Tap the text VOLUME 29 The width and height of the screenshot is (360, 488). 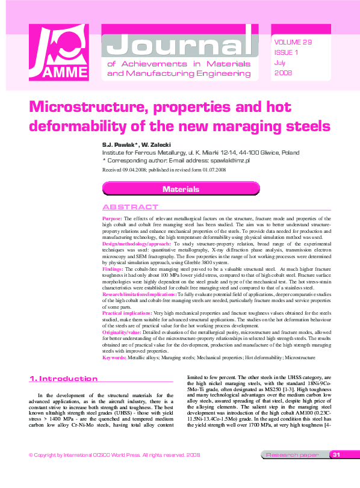tap(293, 42)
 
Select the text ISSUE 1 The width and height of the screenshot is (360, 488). tap(286, 52)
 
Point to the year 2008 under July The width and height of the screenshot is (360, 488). tap(283, 73)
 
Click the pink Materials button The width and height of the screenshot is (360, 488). tap(181, 189)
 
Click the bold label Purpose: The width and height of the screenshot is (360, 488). tap(113, 218)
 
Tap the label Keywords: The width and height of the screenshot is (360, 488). tap(114, 357)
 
